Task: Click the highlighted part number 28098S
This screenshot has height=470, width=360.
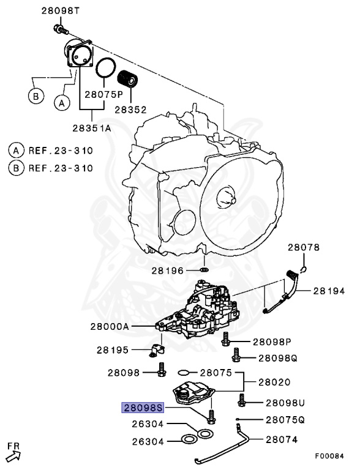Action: (143, 407)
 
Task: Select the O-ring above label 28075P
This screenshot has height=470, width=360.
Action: (107, 68)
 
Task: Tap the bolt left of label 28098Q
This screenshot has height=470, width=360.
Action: (236, 354)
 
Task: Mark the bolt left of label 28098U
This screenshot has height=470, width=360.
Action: (242, 401)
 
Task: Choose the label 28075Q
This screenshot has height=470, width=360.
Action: (285, 420)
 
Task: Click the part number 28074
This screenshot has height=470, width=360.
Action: (281, 440)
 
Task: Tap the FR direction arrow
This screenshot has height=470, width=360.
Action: (13, 453)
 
